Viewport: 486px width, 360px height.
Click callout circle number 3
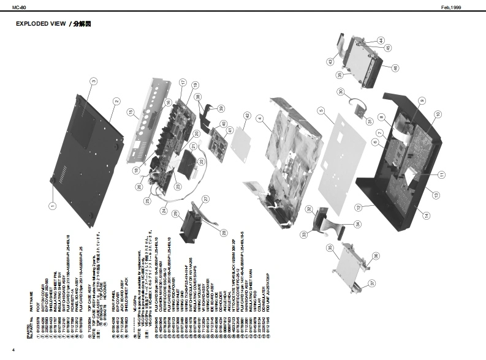point(93,81)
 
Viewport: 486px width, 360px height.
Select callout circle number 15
point(130,112)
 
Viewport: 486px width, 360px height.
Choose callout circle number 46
point(395,67)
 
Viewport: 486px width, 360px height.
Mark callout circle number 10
point(438,114)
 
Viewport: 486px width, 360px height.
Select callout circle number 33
point(303,234)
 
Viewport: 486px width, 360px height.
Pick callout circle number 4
point(259,118)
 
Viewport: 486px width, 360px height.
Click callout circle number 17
point(182,82)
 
